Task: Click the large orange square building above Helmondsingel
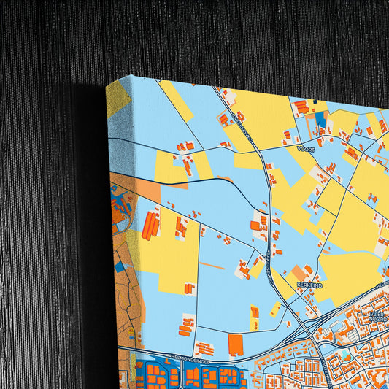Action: (x=235, y=344)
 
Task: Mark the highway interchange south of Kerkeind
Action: (x=307, y=325)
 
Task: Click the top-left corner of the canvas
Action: (x=107, y=82)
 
